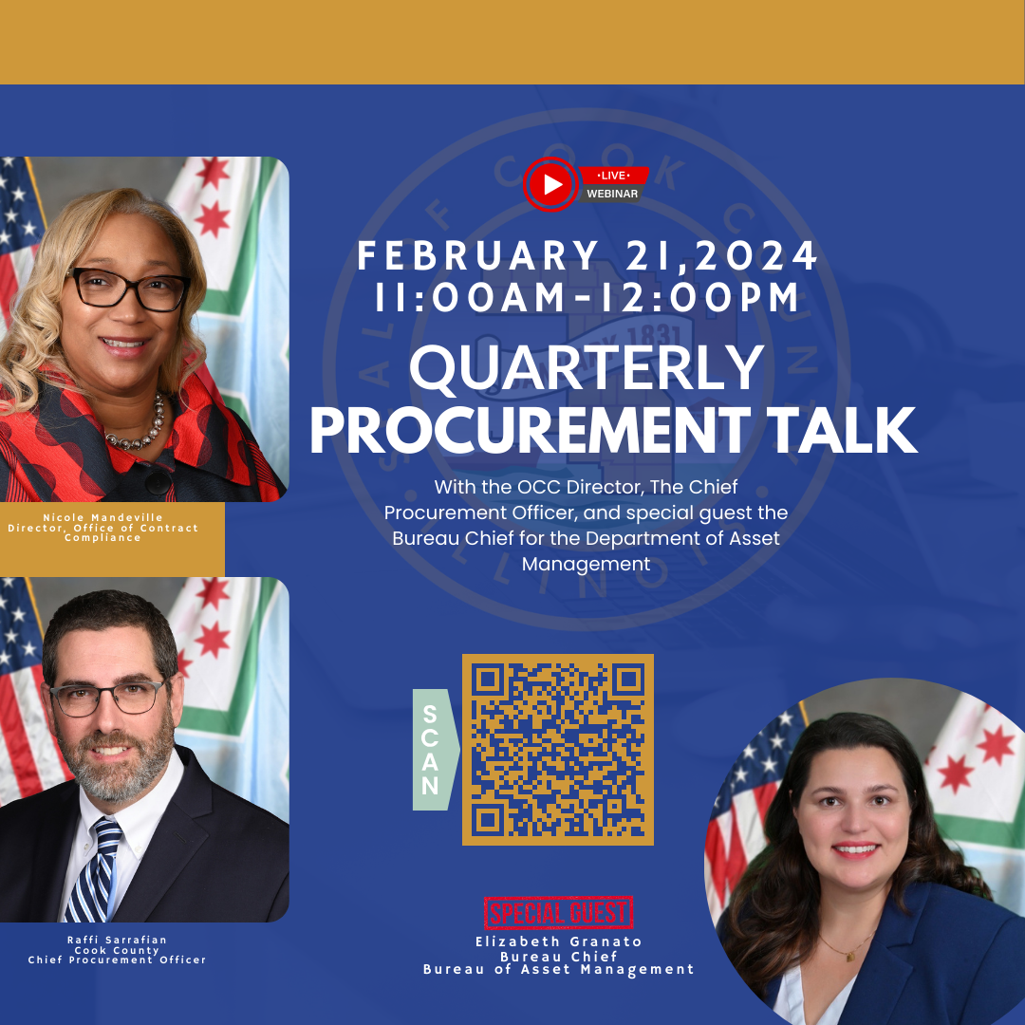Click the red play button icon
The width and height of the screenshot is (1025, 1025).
point(550,184)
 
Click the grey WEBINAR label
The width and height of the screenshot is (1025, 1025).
point(612,194)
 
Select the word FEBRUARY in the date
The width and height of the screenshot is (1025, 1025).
point(477,256)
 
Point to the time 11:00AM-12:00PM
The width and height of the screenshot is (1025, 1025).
point(587,298)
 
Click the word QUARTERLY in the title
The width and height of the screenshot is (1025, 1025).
point(587,369)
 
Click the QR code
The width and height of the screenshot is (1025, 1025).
point(558,750)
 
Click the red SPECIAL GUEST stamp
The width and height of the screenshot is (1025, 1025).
point(558,913)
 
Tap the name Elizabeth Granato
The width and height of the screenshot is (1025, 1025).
point(558,941)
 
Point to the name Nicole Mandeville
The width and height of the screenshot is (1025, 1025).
point(102,517)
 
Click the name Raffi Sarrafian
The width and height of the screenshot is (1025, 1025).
point(117,940)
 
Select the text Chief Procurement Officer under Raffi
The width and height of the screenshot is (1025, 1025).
point(117,960)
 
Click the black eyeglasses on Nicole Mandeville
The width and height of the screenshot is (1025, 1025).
point(127,288)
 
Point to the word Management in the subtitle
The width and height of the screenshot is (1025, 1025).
point(586,564)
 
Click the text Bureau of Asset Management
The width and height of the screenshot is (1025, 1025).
point(558,969)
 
